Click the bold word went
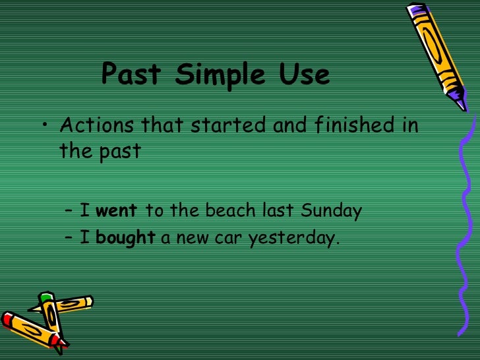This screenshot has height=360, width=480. click(x=117, y=211)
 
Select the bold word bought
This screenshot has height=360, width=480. click(x=125, y=238)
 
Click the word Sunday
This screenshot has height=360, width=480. click(x=332, y=211)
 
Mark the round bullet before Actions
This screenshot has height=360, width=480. click(x=45, y=126)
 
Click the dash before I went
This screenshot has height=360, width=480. click(x=70, y=212)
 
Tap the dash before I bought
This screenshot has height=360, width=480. click(x=70, y=239)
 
